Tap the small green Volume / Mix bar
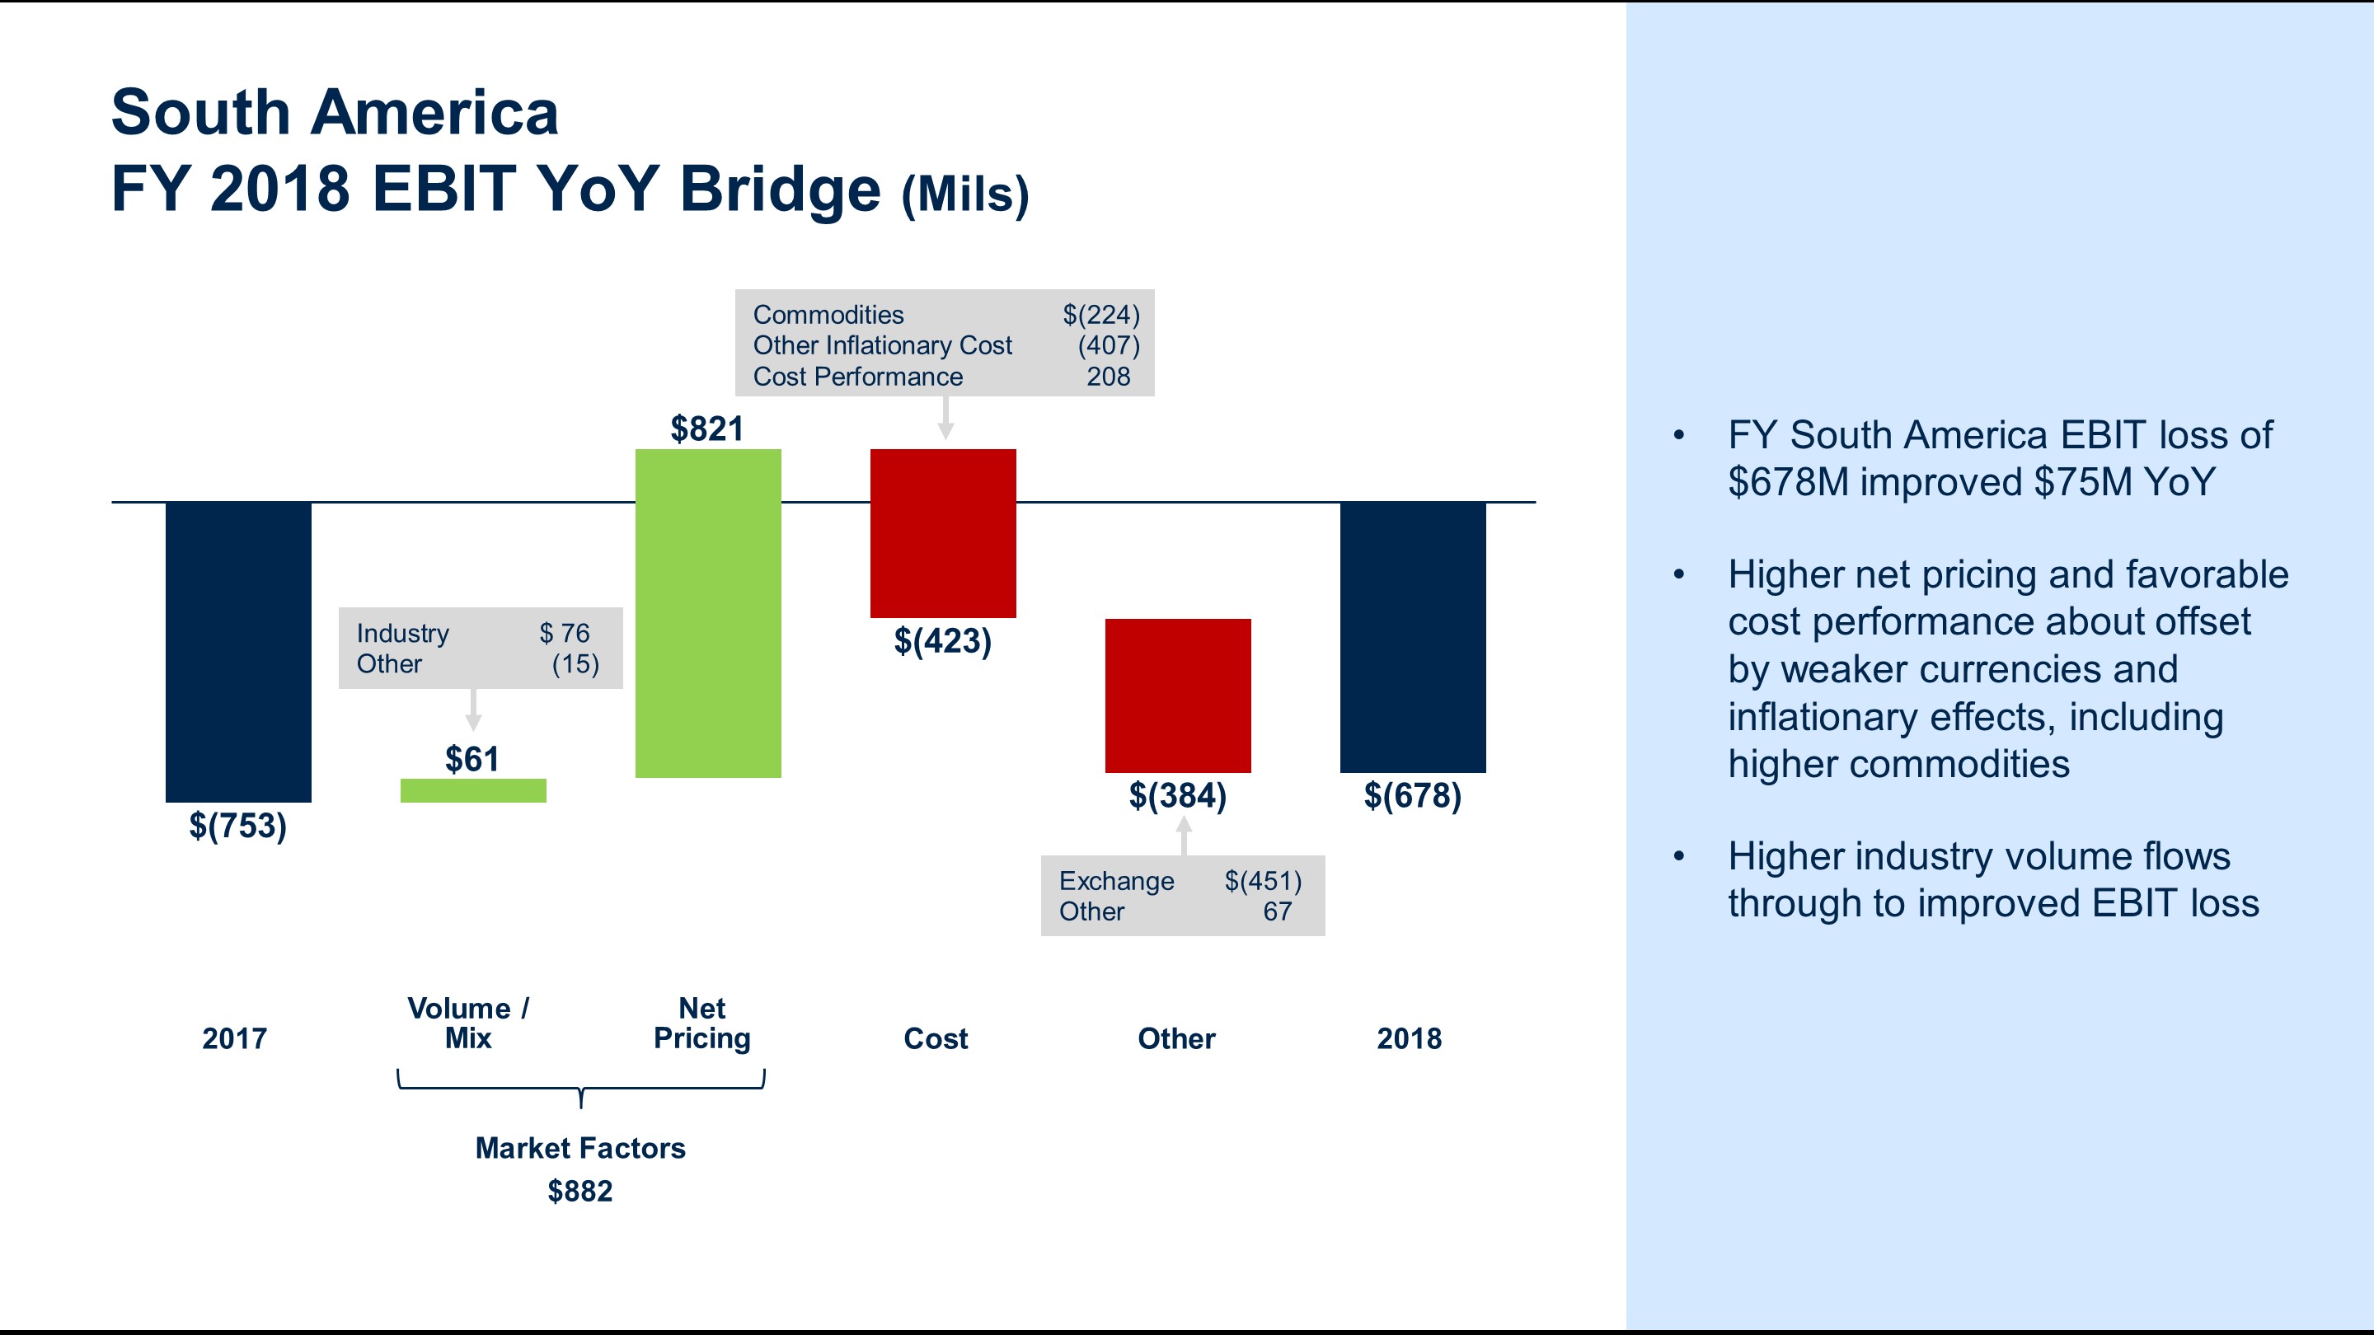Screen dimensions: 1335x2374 pos(473,790)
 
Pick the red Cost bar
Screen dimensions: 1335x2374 pos(943,532)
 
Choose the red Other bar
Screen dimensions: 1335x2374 pos(1178,695)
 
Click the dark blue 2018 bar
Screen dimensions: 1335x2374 pos(1412,637)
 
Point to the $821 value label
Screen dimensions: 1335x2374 pos(707,429)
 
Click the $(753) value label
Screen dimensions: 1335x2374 pos(237,826)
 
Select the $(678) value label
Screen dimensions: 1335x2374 pos(1412,795)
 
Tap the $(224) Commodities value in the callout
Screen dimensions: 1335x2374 pos(1100,315)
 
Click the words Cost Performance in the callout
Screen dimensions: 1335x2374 pos(857,377)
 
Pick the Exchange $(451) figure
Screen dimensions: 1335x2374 pos(1262,881)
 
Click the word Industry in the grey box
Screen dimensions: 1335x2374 pos(403,634)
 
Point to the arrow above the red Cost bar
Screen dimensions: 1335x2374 pos(945,419)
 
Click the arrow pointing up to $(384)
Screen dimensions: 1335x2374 pos(1185,836)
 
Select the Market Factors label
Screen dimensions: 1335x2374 pos(579,1148)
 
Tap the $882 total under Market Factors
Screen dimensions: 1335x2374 pos(579,1192)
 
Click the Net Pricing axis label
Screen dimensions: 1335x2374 pos(701,1023)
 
